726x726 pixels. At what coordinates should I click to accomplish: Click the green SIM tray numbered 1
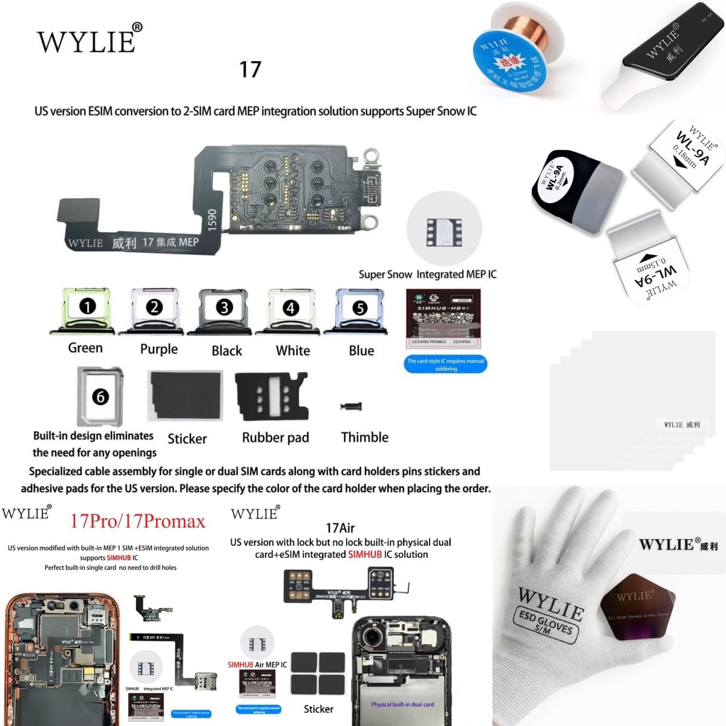click(87, 311)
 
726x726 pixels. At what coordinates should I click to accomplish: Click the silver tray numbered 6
click(100, 396)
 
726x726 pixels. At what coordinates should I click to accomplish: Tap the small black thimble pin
click(350, 407)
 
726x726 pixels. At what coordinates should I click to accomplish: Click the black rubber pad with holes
click(271, 396)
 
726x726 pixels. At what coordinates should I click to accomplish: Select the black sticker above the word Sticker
click(186, 396)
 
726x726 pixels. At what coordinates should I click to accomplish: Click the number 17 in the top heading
click(250, 70)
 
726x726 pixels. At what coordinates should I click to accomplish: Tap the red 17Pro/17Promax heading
click(138, 521)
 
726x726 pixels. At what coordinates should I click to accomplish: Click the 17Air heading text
click(340, 528)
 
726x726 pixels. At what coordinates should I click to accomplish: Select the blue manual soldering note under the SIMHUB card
click(445, 364)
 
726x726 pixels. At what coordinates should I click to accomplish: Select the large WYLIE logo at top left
click(90, 40)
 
